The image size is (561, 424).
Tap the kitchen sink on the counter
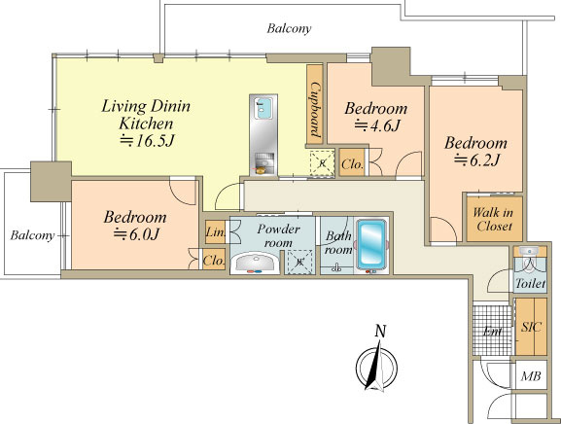[263, 109]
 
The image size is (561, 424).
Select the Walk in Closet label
[493, 219]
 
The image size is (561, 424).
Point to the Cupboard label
[315, 110]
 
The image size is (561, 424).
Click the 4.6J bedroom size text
[376, 125]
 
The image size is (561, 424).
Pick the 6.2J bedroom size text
[476, 159]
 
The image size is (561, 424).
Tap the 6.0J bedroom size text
[136, 234]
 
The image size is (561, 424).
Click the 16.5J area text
[147, 141]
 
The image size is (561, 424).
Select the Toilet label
[530, 284]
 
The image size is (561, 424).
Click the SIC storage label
[531, 327]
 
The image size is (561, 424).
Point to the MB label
[531, 376]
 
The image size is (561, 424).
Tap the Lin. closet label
[216, 232]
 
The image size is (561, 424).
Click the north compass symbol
[376, 367]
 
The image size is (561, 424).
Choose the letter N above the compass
[380, 331]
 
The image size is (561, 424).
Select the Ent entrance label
[492, 331]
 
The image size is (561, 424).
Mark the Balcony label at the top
[289, 28]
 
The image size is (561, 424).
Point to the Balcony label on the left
[32, 235]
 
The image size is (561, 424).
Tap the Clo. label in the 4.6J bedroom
[352, 164]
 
